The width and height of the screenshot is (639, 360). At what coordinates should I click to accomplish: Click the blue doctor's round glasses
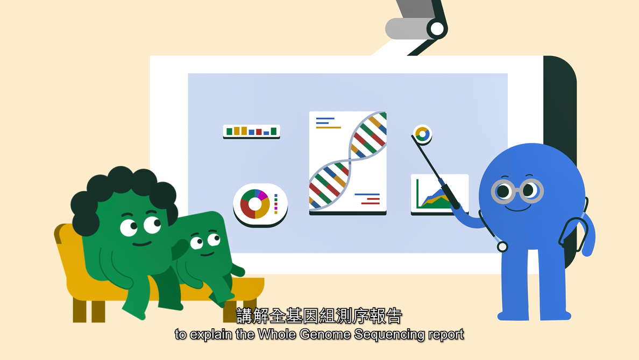click(x=517, y=190)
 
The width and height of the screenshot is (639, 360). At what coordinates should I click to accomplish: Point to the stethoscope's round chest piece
click(x=502, y=246)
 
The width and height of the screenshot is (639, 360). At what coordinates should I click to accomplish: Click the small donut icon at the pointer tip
click(x=422, y=134)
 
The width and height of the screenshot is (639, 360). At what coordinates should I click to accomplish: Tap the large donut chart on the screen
click(x=255, y=203)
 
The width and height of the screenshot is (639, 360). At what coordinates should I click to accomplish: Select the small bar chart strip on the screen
click(x=251, y=131)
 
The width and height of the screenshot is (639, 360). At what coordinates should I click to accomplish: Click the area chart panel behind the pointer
click(x=439, y=194)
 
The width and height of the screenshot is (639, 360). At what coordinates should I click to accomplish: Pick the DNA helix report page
click(x=347, y=163)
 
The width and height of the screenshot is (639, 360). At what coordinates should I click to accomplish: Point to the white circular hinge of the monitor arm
click(x=437, y=29)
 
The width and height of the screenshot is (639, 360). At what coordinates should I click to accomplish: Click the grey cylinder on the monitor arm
click(x=408, y=28)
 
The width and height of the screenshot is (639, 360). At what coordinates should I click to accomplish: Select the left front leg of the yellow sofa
click(x=80, y=311)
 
